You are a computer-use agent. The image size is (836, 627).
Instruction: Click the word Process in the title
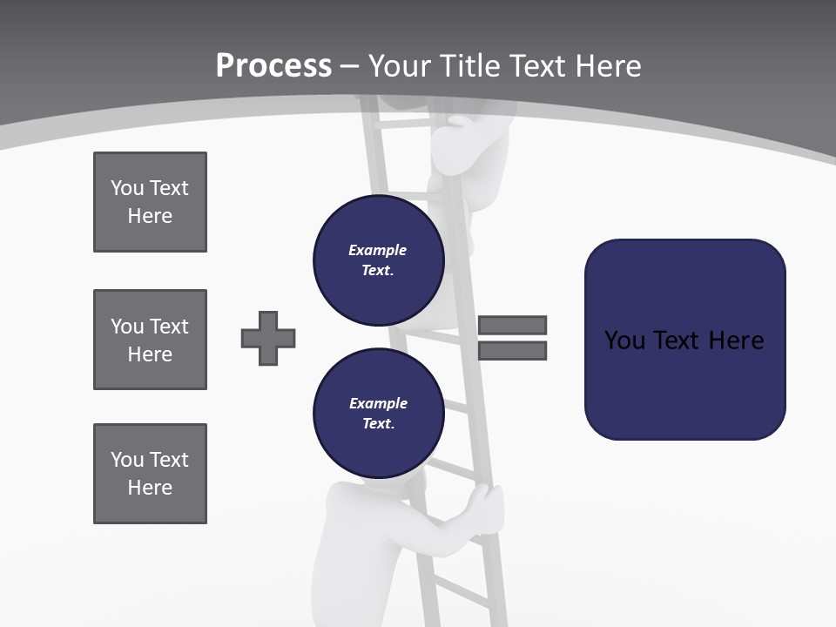(x=273, y=65)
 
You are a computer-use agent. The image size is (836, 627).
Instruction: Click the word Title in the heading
(x=470, y=66)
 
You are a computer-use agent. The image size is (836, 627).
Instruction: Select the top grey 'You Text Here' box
(x=150, y=202)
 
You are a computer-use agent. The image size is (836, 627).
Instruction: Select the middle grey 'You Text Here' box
(x=150, y=340)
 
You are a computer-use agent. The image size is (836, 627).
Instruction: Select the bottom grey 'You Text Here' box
(x=150, y=474)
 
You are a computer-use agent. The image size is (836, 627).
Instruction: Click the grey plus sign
(x=268, y=338)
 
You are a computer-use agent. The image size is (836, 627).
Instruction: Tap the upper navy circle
(x=378, y=260)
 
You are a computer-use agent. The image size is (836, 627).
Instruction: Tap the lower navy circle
(x=378, y=413)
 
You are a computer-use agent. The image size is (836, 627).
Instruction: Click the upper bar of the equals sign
(x=512, y=325)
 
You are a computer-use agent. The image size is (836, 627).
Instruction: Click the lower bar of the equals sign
(x=512, y=351)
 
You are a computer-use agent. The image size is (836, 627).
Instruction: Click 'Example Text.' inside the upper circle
(x=378, y=260)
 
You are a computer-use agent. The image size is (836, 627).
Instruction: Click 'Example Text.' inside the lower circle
(x=378, y=413)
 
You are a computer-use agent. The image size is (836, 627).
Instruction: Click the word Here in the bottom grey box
(x=150, y=488)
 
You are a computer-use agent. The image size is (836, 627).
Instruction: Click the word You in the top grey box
(x=126, y=188)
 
